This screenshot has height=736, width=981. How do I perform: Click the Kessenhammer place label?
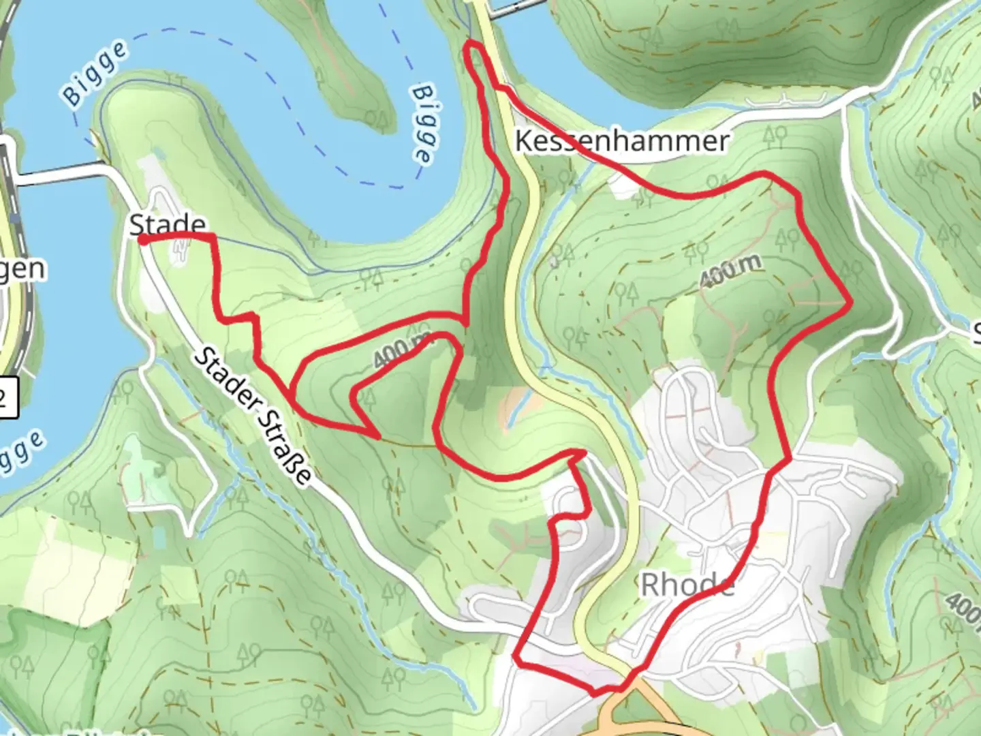point(621,141)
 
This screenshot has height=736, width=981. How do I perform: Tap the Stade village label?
point(168,224)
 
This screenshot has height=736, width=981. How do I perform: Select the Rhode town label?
point(687,584)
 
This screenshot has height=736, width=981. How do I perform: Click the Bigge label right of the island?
point(423,123)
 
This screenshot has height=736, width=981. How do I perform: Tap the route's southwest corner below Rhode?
point(516,660)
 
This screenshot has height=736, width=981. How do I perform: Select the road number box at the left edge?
point(7,396)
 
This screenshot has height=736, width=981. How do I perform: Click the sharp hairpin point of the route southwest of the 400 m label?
point(377,435)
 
